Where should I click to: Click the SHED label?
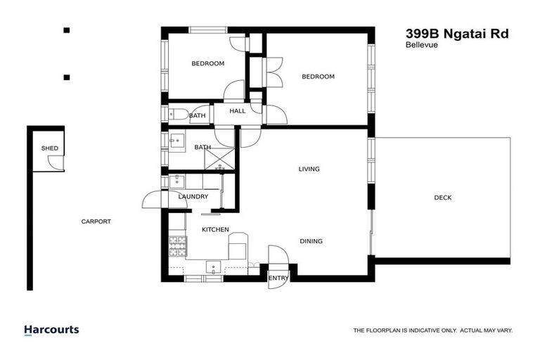50,148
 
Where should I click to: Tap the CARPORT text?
96,221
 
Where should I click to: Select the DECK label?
442,198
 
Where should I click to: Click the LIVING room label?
309,169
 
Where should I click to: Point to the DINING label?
311,241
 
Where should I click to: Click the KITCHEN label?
216,230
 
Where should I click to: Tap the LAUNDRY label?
193,197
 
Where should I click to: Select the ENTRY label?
278,278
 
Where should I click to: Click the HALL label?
238,111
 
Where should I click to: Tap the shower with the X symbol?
220,157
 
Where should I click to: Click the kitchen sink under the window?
212,266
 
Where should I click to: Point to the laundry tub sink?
176,181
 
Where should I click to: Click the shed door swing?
53,162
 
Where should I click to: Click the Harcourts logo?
51,330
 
